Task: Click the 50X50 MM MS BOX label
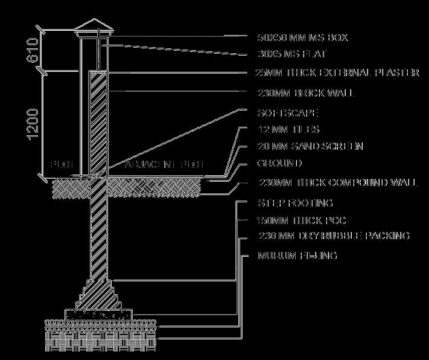click(x=302, y=37)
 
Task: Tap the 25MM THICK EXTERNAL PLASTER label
click(x=337, y=72)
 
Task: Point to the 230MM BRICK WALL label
click(x=305, y=93)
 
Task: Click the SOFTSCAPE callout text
click(x=287, y=113)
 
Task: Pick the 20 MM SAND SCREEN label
click(x=310, y=147)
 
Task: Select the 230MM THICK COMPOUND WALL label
click(x=337, y=182)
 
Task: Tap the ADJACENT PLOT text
click(x=164, y=164)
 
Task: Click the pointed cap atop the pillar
click(x=97, y=25)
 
